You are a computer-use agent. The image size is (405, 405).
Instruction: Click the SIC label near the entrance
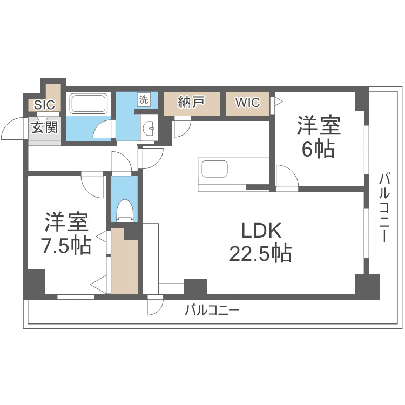click(x=44, y=104)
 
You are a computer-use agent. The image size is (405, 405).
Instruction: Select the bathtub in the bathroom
click(x=89, y=104)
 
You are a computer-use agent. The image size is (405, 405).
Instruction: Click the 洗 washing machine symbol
click(x=144, y=99)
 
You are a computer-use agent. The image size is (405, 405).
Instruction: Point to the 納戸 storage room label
click(x=192, y=102)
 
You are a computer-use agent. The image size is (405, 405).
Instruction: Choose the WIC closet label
click(x=247, y=102)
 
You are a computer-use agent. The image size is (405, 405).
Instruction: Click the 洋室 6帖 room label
click(x=318, y=137)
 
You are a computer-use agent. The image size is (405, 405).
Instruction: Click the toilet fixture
click(x=125, y=210)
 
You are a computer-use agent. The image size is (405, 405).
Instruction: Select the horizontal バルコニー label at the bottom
click(x=212, y=310)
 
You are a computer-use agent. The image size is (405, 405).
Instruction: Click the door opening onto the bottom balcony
click(x=155, y=306)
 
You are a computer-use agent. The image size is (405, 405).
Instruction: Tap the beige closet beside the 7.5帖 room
click(x=124, y=265)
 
